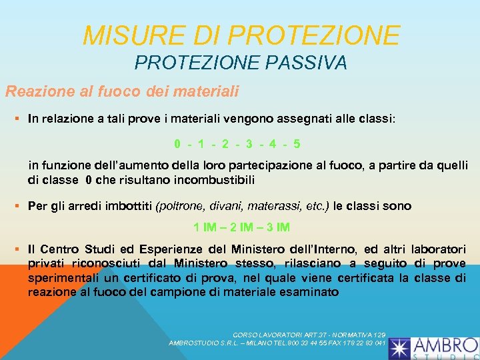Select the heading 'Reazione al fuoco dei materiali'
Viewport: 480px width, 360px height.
tap(122, 90)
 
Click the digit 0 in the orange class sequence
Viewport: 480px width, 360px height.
tap(177, 143)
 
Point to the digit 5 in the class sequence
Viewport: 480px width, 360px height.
tap(296, 143)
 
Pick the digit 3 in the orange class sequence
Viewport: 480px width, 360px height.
tap(249, 143)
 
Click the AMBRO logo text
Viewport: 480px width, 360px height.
tap(445, 345)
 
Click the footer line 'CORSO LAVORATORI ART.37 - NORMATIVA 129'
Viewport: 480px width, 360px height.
tap(309, 333)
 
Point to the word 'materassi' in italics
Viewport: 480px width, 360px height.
tap(267, 206)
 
